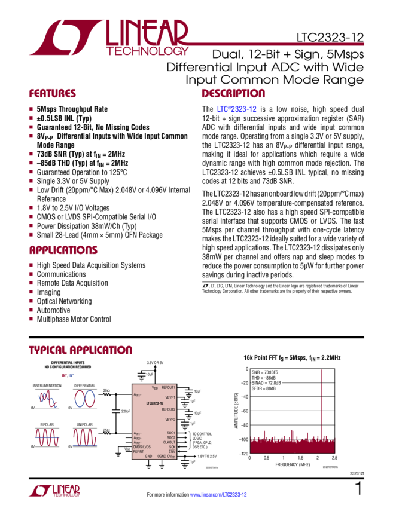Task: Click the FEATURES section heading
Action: tap(53, 94)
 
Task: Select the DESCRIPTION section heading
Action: tap(233, 94)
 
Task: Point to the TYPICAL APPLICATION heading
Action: tap(80, 350)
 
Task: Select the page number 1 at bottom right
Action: tap(358, 489)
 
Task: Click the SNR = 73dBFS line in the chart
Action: tap(264, 372)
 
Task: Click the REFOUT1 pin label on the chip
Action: tap(169, 388)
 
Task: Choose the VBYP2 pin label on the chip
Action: tap(170, 420)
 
